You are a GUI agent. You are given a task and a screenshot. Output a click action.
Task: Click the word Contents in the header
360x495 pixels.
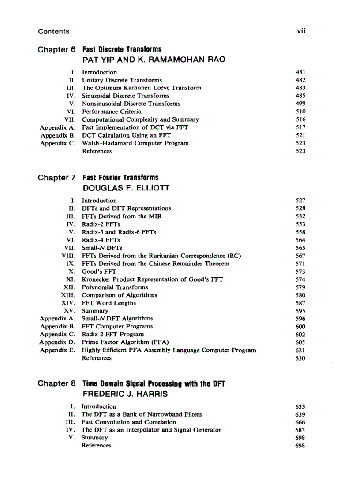[x=54, y=31]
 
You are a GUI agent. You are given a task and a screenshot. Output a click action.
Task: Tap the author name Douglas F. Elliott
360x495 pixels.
[x=126, y=188]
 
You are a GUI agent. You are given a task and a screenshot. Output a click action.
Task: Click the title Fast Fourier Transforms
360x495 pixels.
[x=120, y=178]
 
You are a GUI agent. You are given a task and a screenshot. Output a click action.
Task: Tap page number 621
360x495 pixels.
[x=300, y=350]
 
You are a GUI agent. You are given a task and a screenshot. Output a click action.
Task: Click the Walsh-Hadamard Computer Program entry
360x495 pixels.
[x=135, y=143]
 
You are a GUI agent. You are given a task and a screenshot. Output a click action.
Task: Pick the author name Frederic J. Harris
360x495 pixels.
[x=125, y=394]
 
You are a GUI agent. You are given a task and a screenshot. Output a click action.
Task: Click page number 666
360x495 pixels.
[x=300, y=422]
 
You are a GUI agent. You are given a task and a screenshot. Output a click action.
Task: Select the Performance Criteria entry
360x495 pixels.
[x=112, y=112]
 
